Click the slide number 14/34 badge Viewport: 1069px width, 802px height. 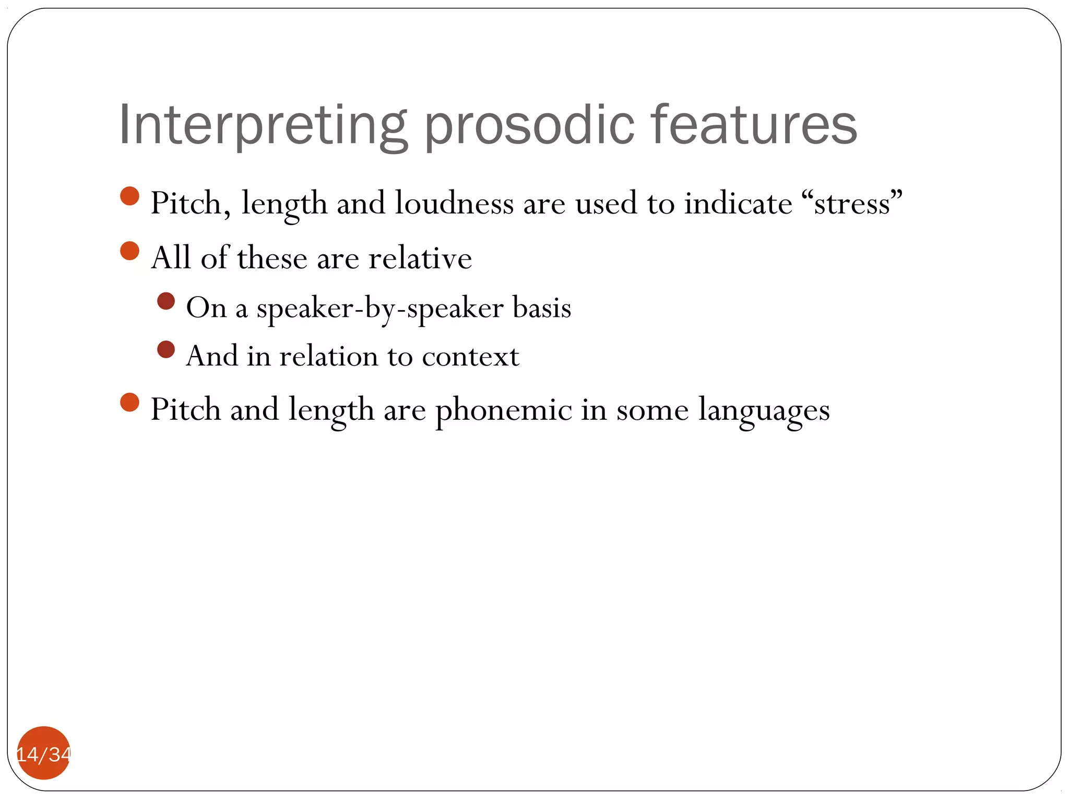click(44, 753)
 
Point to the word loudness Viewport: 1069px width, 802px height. click(454, 203)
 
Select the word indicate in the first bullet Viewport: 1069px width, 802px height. click(738, 203)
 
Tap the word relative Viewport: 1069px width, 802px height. click(420, 258)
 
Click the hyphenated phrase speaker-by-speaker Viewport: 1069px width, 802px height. click(379, 308)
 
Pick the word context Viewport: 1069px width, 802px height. click(470, 357)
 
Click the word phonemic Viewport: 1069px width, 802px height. click(504, 409)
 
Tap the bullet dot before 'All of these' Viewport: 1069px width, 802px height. click(129, 251)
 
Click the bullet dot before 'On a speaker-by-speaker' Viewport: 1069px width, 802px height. click(166, 301)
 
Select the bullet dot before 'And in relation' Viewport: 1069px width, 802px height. click(166, 349)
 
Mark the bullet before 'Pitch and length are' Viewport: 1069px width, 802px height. click(129, 403)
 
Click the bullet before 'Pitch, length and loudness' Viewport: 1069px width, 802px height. click(129, 196)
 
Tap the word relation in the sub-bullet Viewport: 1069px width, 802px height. click(329, 357)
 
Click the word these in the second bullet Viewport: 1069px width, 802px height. click(272, 258)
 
